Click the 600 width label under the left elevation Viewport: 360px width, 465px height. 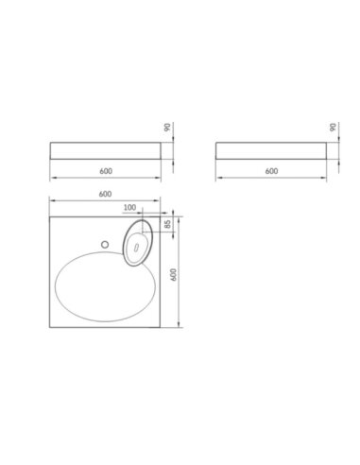(x=106, y=171)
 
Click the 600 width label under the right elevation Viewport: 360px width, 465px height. (x=271, y=171)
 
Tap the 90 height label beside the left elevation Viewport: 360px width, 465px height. (x=167, y=128)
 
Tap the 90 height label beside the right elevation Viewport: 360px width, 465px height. (x=333, y=128)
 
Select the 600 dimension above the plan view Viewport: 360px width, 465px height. (x=105, y=194)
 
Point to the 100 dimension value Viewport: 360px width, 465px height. (x=129, y=208)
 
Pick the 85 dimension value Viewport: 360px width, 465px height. (x=167, y=224)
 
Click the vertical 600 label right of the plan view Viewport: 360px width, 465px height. (x=174, y=275)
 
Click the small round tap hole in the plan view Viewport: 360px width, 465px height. (x=105, y=244)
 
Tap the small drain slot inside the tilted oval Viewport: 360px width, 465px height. (x=136, y=248)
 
